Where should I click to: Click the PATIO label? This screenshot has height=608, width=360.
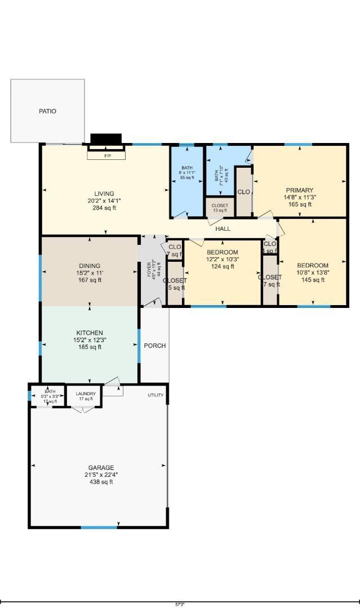pos(47,111)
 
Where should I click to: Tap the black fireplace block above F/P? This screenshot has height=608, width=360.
pos(106,139)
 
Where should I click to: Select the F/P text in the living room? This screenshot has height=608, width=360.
pos(107,155)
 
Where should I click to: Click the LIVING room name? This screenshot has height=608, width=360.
pos(104,194)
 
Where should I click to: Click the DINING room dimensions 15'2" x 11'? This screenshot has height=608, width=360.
pos(90,273)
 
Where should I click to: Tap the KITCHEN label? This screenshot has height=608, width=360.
pos(90,333)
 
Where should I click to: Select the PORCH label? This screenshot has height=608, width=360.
pos(155,346)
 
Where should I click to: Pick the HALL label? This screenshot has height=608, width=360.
pos(223,229)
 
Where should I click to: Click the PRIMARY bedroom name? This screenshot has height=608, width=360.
pos(299,190)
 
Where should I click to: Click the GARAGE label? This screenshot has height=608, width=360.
pos(101,467)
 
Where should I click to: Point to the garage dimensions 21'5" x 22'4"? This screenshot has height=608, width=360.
pos(101,475)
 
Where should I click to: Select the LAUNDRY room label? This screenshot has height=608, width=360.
pos(86,394)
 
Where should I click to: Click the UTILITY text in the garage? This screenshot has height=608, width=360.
pos(155,395)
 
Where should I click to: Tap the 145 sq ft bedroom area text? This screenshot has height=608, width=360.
pos(313,280)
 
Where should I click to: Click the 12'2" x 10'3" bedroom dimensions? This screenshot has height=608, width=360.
pos(222,260)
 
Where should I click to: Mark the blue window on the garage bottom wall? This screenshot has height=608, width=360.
pos(99,527)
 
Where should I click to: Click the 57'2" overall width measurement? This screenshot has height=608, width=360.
pos(180,604)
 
